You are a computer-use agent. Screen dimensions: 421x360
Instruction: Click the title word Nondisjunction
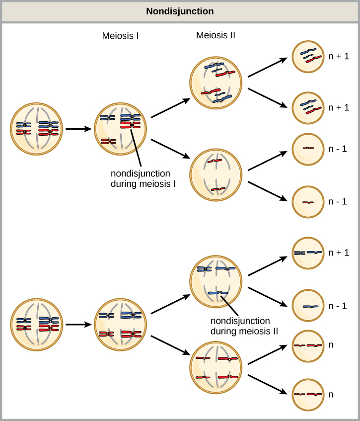point(180,11)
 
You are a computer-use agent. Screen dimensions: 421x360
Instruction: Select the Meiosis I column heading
point(120,36)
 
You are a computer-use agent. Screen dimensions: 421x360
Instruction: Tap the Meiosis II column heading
point(216,35)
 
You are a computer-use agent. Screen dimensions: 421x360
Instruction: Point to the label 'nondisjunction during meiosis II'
point(240,326)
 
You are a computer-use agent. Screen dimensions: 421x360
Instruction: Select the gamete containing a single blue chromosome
point(308,306)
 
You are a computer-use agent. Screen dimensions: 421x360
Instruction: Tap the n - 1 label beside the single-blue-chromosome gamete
point(337,306)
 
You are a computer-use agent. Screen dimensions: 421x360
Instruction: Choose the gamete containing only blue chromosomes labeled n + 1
point(308,253)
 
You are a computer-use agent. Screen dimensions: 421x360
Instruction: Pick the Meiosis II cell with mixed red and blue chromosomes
point(216,83)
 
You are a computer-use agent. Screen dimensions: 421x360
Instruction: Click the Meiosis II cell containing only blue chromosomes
point(216,281)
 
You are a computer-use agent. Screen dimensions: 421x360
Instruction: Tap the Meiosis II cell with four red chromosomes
point(216,367)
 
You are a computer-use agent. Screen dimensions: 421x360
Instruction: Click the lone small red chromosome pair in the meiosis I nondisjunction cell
point(108,142)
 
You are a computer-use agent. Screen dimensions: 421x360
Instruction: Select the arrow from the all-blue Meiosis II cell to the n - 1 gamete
point(268,297)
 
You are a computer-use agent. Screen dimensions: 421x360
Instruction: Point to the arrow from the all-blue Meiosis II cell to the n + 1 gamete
point(268,265)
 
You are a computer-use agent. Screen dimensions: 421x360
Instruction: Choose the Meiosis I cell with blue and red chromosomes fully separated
point(121,324)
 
